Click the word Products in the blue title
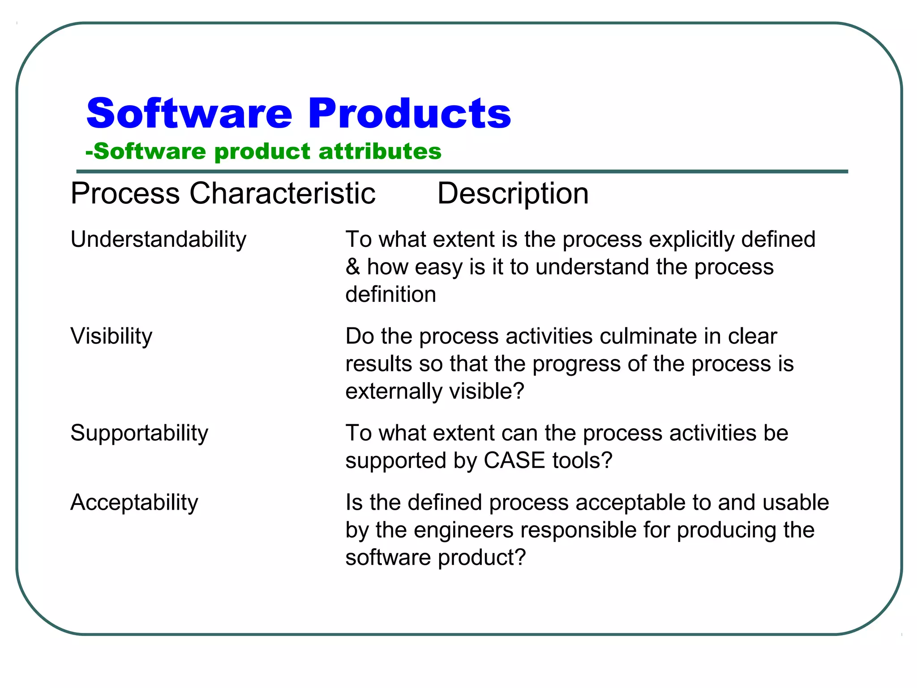(409, 114)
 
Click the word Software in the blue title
(189, 114)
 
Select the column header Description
(513, 194)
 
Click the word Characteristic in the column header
(283, 194)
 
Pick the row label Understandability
(158, 240)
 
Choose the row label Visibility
(111, 336)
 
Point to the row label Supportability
(139, 433)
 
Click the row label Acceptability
(134, 503)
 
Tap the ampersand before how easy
(353, 267)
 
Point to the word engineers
(463, 530)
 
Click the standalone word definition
(390, 295)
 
